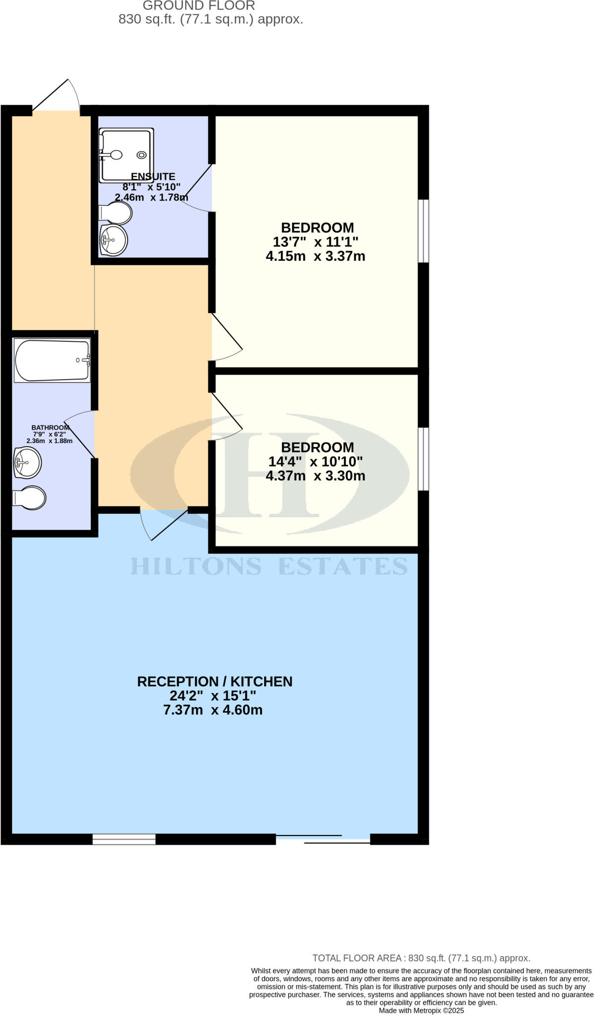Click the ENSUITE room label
153,176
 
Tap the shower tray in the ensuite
126,155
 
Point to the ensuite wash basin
114,240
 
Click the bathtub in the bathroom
52,360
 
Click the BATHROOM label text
50,428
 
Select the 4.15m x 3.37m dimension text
316,256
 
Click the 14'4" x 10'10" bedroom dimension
316,461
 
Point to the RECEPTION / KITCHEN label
215,681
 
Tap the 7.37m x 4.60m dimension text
213,710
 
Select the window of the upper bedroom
423,231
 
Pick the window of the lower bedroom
423,459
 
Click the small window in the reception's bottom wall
124,839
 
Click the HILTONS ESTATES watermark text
269,566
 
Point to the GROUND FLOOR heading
199,6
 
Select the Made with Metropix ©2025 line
421,1010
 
